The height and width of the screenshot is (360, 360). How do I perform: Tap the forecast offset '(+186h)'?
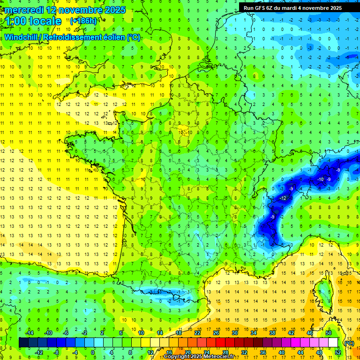(83, 21)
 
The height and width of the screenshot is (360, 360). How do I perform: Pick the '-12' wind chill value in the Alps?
(283, 199)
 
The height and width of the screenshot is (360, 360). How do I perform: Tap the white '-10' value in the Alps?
(321, 180)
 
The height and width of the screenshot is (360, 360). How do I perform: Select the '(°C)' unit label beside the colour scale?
(349, 343)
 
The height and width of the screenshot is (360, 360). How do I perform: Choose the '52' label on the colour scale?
(337, 352)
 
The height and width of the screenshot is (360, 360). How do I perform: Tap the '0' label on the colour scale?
(93, 352)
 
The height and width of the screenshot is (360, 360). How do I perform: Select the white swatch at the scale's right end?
(333, 343)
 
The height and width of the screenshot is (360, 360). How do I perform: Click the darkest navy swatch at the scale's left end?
(23, 343)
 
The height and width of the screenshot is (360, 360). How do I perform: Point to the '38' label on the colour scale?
(271, 333)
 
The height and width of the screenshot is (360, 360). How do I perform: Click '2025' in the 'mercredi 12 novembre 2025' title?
(112, 9)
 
